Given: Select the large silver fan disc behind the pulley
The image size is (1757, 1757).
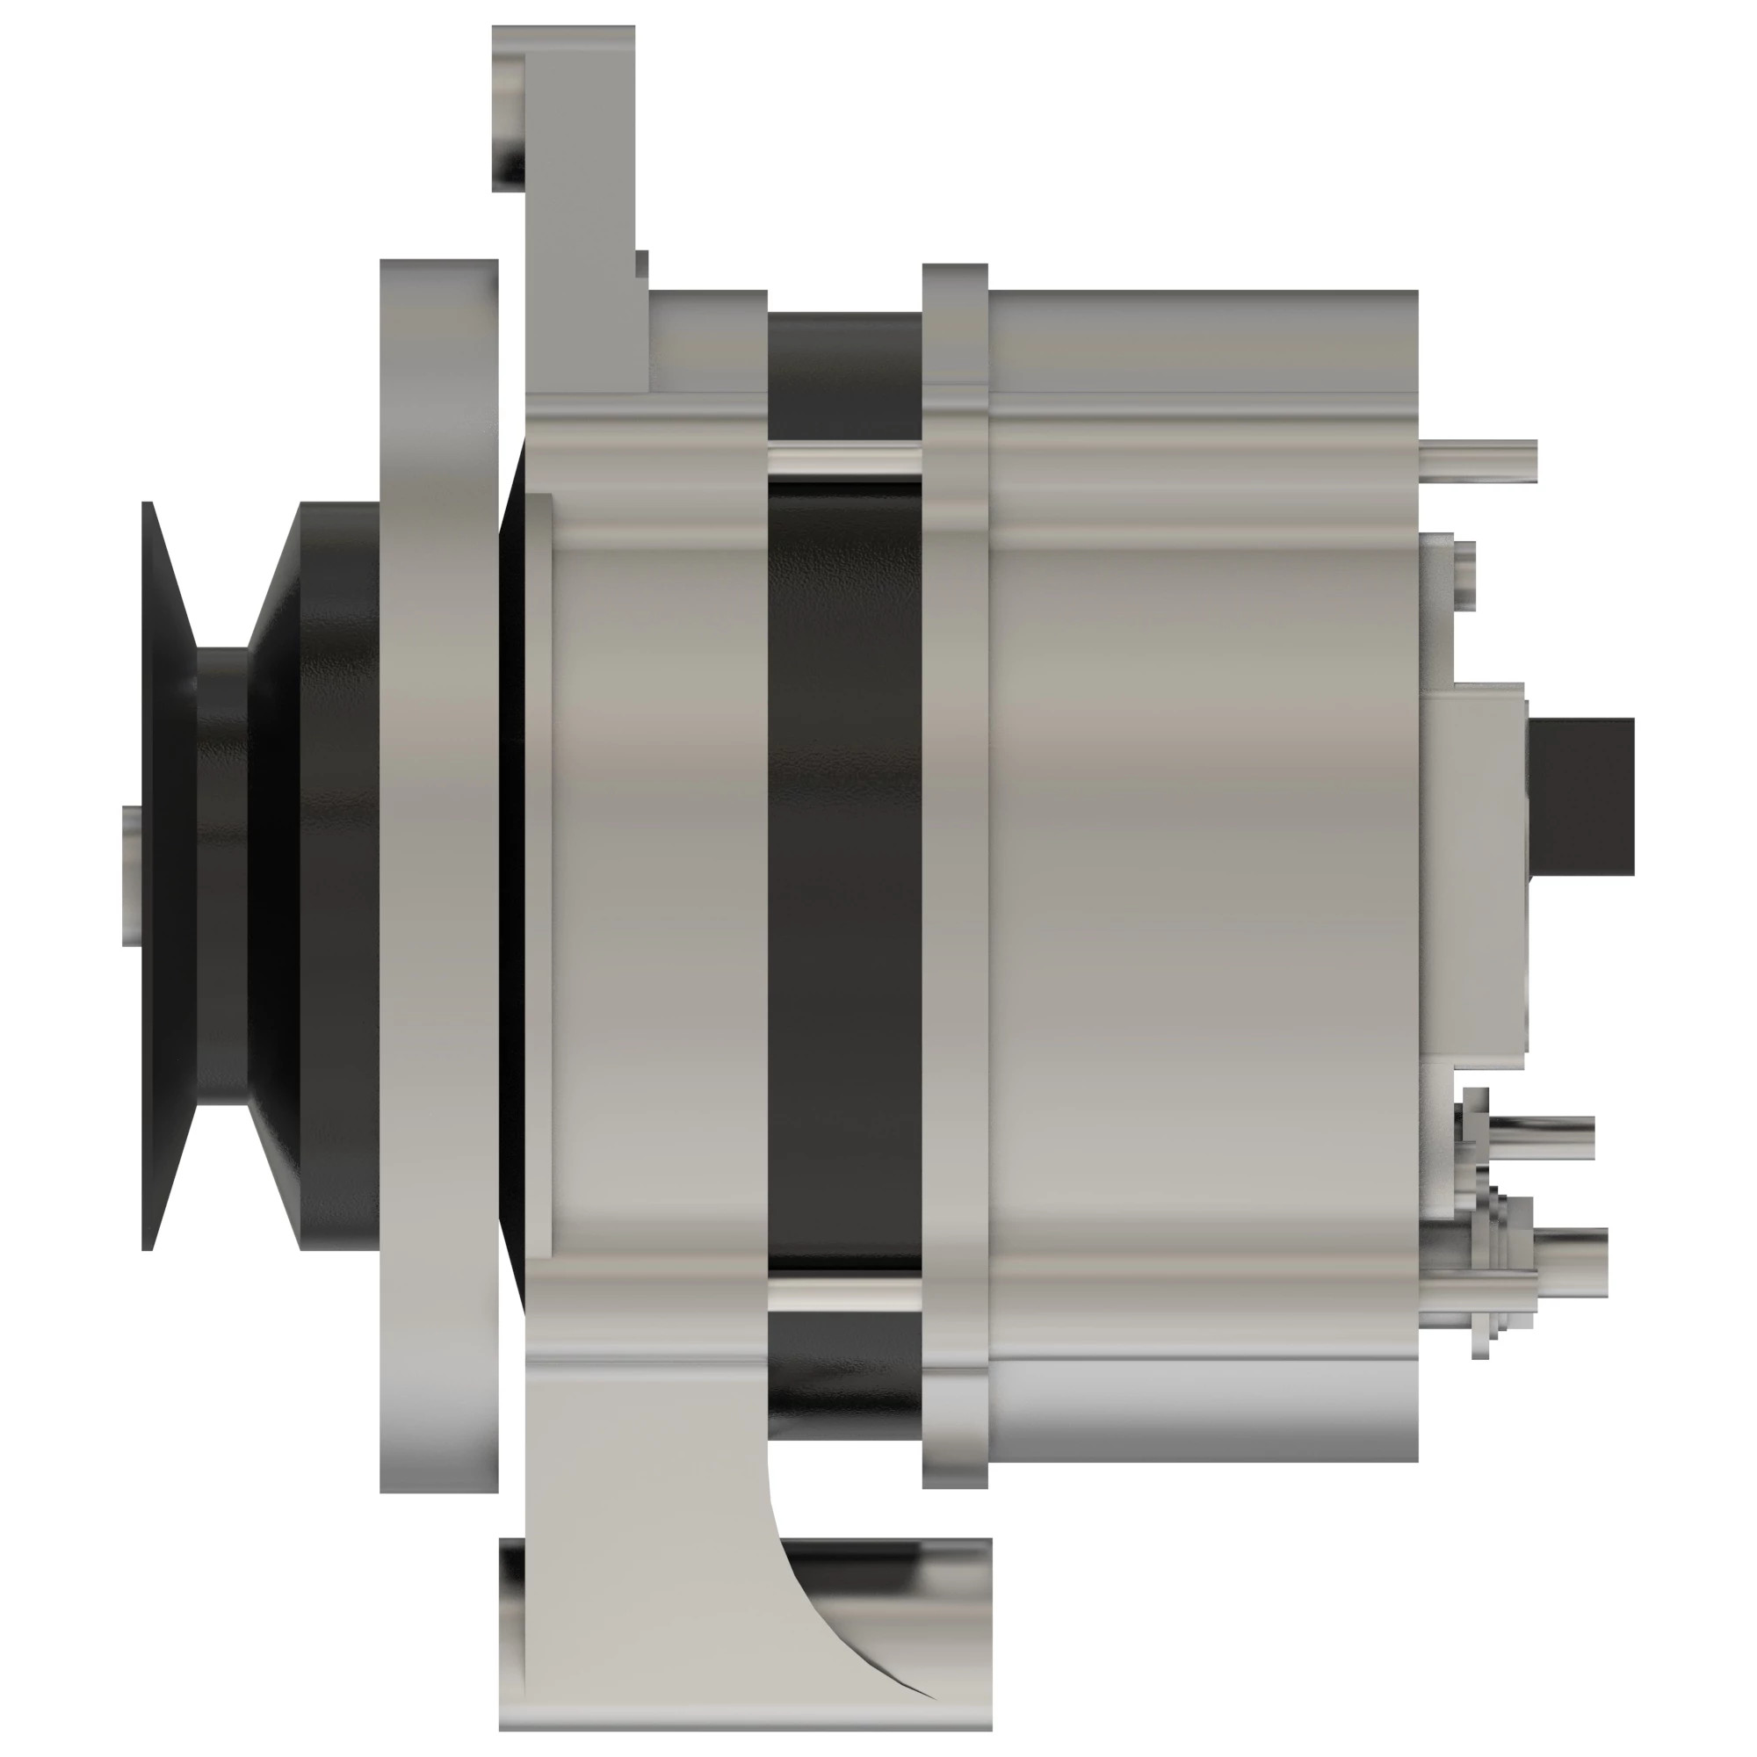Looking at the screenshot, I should point(438,873).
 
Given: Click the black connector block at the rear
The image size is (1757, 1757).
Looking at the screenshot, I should point(1582,796).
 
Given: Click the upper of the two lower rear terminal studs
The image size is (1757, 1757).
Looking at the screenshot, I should point(1546,1137).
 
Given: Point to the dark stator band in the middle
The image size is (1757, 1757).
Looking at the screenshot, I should point(844,873).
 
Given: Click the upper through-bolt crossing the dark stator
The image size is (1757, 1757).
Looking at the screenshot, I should point(844,459).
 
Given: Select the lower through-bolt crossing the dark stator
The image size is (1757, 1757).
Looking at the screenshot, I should point(844,1294).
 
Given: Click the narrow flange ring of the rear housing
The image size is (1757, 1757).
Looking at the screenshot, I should point(955,873).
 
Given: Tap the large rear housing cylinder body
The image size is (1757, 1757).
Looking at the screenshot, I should point(1200,873).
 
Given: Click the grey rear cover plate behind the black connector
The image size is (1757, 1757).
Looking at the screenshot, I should point(1478,873).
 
